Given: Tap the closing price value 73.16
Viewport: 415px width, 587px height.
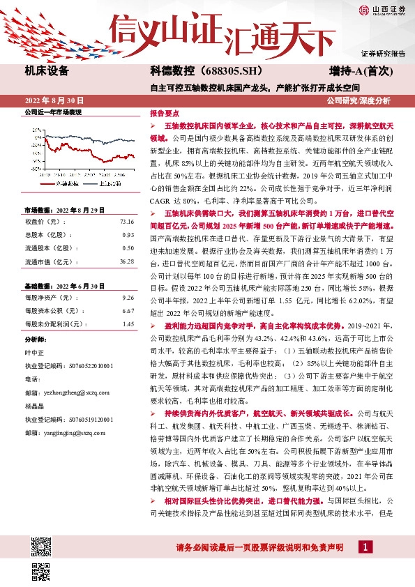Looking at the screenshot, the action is tap(126, 201).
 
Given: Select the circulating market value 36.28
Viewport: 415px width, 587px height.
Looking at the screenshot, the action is tap(126, 241).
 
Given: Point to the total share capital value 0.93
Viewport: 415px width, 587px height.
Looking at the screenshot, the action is tap(128, 215).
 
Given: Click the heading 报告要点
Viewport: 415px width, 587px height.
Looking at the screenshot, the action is tap(165, 112).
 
